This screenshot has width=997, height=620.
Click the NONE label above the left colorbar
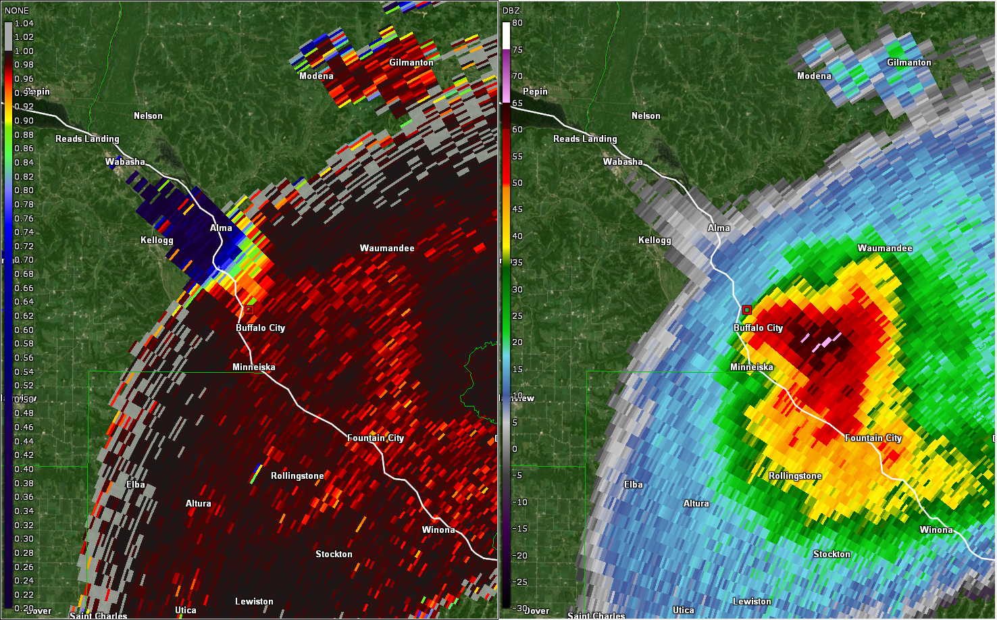(17, 10)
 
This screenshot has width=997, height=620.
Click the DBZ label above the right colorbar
(511, 10)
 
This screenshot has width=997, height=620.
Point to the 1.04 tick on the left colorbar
(24, 23)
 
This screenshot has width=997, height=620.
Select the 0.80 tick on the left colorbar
(24, 190)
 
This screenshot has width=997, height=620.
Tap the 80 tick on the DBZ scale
(517, 22)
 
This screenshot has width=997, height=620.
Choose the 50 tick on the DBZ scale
(517, 182)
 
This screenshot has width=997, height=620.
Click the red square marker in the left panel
(249, 310)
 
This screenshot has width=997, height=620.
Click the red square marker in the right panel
(747, 310)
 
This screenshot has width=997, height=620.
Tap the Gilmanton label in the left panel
(411, 63)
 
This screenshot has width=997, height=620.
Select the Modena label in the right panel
(814, 76)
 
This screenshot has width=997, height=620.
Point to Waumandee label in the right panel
(885, 248)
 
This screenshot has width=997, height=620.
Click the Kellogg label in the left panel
(157, 240)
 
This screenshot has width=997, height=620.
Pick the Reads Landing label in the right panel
(585, 138)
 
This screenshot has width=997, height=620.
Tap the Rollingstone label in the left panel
(297, 475)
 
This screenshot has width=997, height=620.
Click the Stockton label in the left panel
(334, 554)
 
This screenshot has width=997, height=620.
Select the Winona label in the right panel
(936, 529)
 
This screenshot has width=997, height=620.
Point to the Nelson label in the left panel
(148, 115)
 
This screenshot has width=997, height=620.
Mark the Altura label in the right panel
(696, 503)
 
